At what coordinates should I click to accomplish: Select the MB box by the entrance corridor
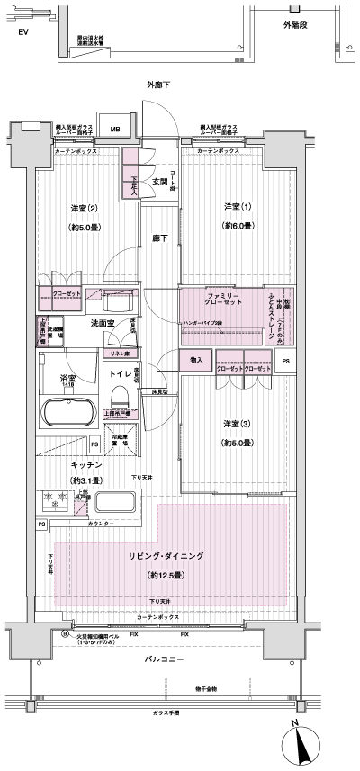click(x=114, y=129)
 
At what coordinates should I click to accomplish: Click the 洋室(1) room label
click(x=238, y=208)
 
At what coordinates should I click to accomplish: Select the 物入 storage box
click(x=196, y=360)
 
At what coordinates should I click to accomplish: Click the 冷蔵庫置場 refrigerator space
click(x=119, y=442)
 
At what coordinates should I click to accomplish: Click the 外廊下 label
click(x=160, y=85)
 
